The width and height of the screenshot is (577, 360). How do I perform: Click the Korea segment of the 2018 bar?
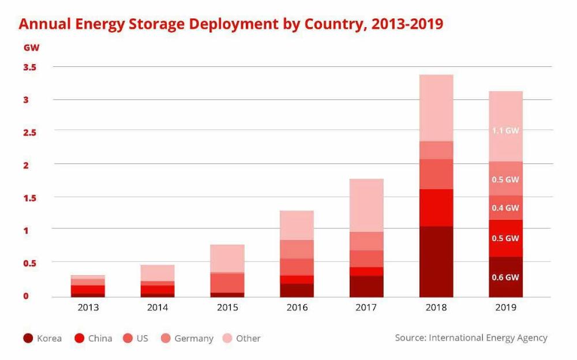pyautogui.click(x=436, y=261)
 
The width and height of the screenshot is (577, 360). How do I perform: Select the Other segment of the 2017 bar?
pyautogui.click(x=366, y=205)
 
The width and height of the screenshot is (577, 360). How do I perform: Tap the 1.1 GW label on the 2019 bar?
pyautogui.click(x=505, y=131)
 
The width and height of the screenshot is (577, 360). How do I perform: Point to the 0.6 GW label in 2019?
pyautogui.click(x=505, y=277)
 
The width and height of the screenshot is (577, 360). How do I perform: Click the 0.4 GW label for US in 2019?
pyautogui.click(x=505, y=208)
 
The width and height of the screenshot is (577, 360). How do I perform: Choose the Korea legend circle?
pyautogui.click(x=27, y=338)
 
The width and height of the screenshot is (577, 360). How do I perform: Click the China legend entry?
pyautogui.click(x=93, y=338)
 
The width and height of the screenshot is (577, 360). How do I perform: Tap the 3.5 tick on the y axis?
pyautogui.click(x=30, y=67)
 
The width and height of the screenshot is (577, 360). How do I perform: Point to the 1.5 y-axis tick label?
pyautogui.click(x=30, y=198)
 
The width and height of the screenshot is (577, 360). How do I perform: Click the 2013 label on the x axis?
pyautogui.click(x=88, y=307)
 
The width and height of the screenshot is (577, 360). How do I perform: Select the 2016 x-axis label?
pyautogui.click(x=297, y=307)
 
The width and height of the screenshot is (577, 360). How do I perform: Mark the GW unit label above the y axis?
pyautogui.click(x=31, y=48)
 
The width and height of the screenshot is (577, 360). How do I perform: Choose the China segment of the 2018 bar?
pyautogui.click(x=436, y=208)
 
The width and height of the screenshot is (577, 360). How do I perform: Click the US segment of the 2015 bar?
pyautogui.click(x=227, y=283)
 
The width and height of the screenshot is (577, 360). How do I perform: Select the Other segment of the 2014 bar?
pyautogui.click(x=158, y=273)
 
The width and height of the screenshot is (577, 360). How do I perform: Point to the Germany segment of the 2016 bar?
pyautogui.click(x=297, y=249)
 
